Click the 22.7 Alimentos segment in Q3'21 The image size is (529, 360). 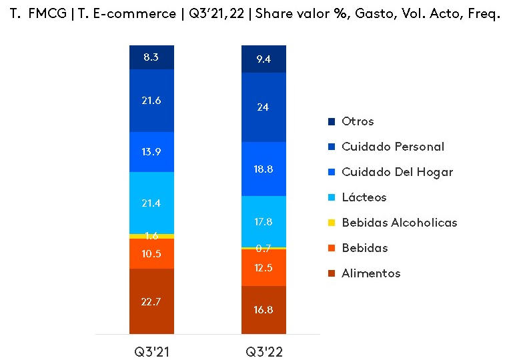[151, 301]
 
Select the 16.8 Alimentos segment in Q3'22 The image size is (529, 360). [263, 309]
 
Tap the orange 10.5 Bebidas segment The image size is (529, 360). [151, 253]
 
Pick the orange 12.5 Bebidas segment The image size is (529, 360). [263, 267]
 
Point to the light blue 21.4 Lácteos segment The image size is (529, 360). [151, 203]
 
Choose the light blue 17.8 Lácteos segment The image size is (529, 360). [263, 221]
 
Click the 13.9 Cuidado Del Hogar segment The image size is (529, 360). [151, 152]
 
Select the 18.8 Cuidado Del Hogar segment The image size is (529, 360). [263, 169]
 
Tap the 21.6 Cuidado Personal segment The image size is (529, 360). [151, 101]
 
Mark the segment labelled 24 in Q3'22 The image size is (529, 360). [263, 107]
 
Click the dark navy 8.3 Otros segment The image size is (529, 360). [151, 57]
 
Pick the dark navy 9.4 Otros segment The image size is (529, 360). [263, 59]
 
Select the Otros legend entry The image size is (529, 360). [357, 121]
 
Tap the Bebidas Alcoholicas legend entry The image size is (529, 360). [399, 223]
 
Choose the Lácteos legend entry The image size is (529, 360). [364, 197]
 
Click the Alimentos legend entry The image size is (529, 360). [371, 273]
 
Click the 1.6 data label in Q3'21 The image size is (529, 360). [151, 235]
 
